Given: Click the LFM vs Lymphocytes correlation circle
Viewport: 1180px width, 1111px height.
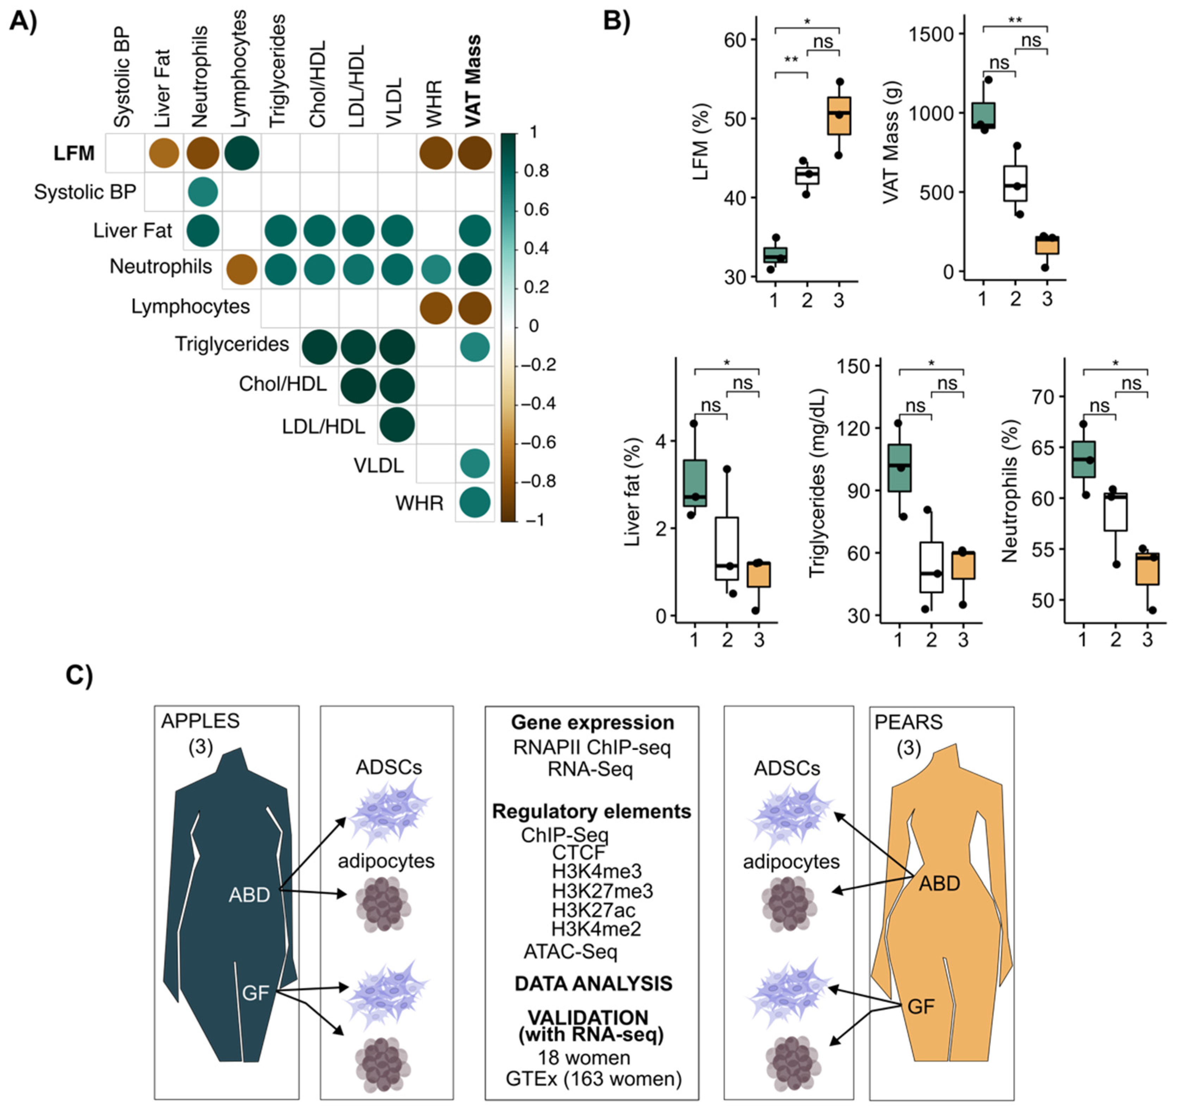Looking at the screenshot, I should [x=242, y=153].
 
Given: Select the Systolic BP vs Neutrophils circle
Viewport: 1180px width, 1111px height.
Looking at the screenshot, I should [x=202, y=192].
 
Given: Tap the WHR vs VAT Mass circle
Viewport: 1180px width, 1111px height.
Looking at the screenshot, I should [x=474, y=502].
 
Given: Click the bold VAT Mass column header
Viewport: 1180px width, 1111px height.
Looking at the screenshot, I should [x=473, y=81].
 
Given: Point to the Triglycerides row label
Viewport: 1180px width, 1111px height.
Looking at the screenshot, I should [x=232, y=344].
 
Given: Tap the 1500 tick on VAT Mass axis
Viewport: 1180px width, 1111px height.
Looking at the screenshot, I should [x=933, y=35].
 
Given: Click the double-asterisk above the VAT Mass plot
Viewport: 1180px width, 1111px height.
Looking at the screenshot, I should [x=1015, y=20].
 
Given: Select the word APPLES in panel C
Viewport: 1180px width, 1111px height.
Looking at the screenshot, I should [x=200, y=721].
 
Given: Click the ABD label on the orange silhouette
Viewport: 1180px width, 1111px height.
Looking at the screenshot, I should [x=939, y=884].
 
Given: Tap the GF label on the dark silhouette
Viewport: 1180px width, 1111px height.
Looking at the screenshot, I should [x=256, y=992].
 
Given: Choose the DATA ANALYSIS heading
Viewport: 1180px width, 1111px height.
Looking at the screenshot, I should [x=593, y=983].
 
